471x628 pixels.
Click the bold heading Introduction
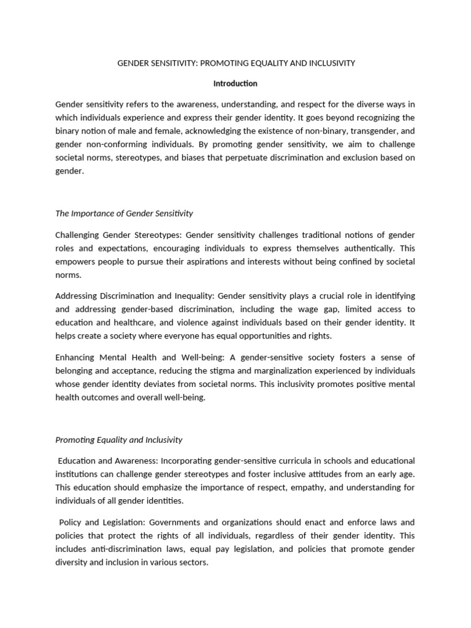pyautogui.click(x=235, y=83)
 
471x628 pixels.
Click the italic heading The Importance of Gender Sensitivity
pyautogui.click(x=124, y=213)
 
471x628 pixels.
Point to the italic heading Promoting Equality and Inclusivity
pyautogui.click(x=119, y=440)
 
